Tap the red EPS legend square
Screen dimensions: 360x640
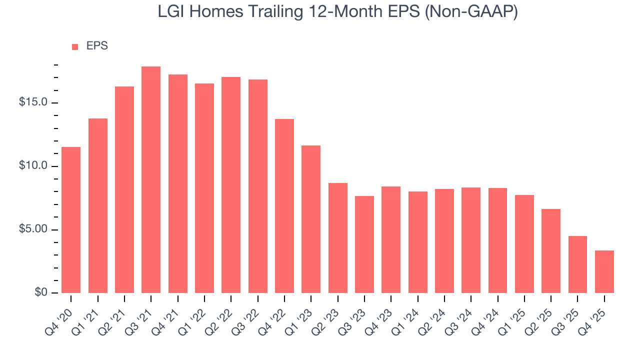coord(75,46)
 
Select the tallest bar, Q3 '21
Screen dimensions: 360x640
coord(151,180)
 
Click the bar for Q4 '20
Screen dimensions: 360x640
coord(71,220)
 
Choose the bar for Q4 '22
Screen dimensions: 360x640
coord(284,206)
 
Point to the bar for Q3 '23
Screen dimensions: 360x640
coord(364,244)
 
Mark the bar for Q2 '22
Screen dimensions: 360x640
coord(231,185)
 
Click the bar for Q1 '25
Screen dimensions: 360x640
coord(524,244)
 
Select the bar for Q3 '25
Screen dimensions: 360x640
coord(577,264)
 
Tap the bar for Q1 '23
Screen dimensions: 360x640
coord(311,219)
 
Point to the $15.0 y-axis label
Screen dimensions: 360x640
coord(33,102)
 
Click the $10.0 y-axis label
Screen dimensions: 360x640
coord(33,166)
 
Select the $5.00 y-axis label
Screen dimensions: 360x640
coord(33,229)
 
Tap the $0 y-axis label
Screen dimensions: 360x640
coord(41,292)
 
